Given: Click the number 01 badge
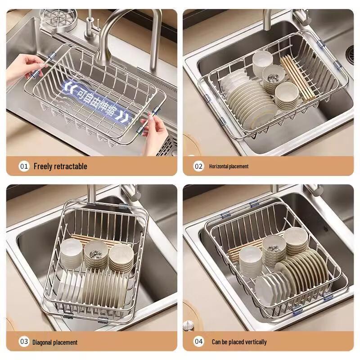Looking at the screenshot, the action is coord(24,166).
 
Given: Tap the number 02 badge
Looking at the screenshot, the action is coord(198,166).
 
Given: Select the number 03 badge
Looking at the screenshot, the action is coord(24,342).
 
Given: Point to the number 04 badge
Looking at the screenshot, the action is coord(198,342).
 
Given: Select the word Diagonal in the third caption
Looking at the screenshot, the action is coord(42,342).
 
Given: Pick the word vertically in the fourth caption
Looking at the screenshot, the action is coord(256,342).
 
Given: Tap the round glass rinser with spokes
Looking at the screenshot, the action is coord(58,18).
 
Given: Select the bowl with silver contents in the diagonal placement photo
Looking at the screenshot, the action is coord(96,254).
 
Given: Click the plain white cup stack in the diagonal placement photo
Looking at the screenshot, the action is coord(72,253).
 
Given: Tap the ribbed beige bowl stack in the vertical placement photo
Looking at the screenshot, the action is coord(296,241).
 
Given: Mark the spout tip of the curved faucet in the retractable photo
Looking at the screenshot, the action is coord(101,60).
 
